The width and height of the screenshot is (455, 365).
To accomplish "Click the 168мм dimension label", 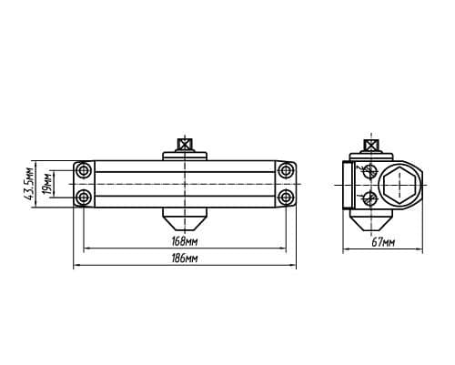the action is pos(185,241).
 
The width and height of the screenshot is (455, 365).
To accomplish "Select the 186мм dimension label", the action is pos(185,259).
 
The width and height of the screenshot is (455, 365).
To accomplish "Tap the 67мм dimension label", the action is pos(383,242).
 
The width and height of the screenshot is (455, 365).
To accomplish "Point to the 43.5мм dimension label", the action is pos(30,184).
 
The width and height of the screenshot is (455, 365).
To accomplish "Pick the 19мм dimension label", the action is pos(47,184).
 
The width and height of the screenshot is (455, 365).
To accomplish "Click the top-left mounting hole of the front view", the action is pos(83,170).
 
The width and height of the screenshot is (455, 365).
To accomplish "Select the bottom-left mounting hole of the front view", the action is pos(83,198).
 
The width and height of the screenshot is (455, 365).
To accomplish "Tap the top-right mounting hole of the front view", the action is pos(286,170).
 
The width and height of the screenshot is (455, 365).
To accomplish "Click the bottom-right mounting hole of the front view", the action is pos(286,198).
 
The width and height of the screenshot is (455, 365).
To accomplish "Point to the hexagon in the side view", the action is pos(399,184).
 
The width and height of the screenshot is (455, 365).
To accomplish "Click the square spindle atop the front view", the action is pos(185,145).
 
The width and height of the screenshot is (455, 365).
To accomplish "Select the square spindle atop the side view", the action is pos(371,145).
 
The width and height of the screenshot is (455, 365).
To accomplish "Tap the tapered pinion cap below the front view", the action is pos(185,218).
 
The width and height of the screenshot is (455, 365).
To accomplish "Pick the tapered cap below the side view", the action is pos(371,219).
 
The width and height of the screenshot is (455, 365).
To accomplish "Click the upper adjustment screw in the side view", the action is pos(369,171).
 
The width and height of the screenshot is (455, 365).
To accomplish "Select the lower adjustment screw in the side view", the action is pos(369,198).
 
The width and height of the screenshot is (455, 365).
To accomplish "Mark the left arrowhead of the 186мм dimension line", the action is pos(76,265).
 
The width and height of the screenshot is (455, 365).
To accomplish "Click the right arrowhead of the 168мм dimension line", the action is pos(283,248).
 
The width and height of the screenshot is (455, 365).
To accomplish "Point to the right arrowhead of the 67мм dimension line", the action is pos(420,249).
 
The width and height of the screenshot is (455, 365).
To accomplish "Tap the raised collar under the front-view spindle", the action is pos(185,156).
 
